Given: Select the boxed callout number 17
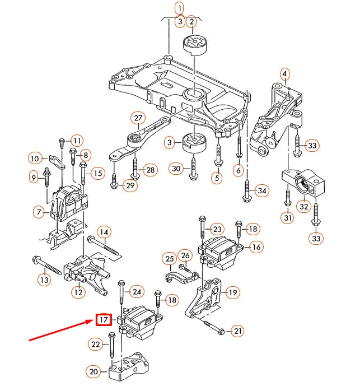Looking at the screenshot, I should pos(104,320).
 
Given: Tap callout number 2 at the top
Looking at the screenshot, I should pos(191,22).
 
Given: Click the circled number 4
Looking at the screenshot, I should pos(284,73).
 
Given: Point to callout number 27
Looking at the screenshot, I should pos(138,118).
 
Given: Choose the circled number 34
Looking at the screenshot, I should pos(261,190).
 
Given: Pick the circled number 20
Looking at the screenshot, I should pos(93,370).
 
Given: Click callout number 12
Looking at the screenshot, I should pos(78,292).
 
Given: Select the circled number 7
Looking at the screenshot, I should pos(39,212).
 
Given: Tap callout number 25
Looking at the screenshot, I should pos(170,258).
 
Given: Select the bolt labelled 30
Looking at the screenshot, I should pos(193,168).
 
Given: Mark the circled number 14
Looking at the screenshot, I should pos(104,231).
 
